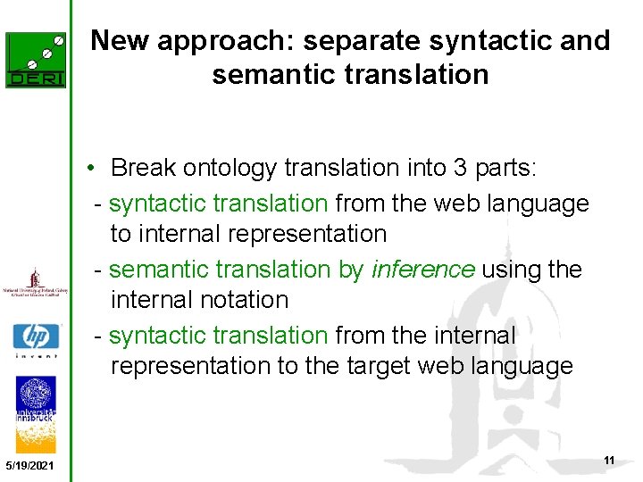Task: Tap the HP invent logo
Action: (x=36, y=339)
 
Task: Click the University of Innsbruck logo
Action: (x=36, y=410)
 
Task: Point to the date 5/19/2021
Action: (x=29, y=467)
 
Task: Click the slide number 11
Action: (x=609, y=460)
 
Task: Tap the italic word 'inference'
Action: (x=423, y=270)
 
